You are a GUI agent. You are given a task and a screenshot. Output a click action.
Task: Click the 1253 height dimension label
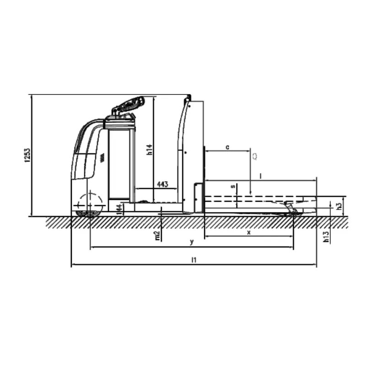tap(27, 156)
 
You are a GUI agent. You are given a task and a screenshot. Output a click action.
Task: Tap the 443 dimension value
tap(162, 184)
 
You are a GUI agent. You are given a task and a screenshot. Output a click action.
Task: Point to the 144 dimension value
tap(119, 209)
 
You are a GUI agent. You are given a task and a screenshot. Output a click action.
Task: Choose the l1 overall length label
tap(194, 260)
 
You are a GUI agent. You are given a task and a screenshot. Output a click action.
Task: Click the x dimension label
tap(249, 232)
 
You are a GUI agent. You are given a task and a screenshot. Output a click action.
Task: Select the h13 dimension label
tap(326, 236)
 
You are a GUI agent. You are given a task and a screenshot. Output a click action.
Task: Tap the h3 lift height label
tap(339, 206)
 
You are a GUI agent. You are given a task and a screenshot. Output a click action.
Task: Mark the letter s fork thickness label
tap(232, 187)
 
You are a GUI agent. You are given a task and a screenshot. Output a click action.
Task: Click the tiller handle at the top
tap(129, 105)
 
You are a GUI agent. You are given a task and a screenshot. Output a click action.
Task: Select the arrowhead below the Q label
tap(251, 192)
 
